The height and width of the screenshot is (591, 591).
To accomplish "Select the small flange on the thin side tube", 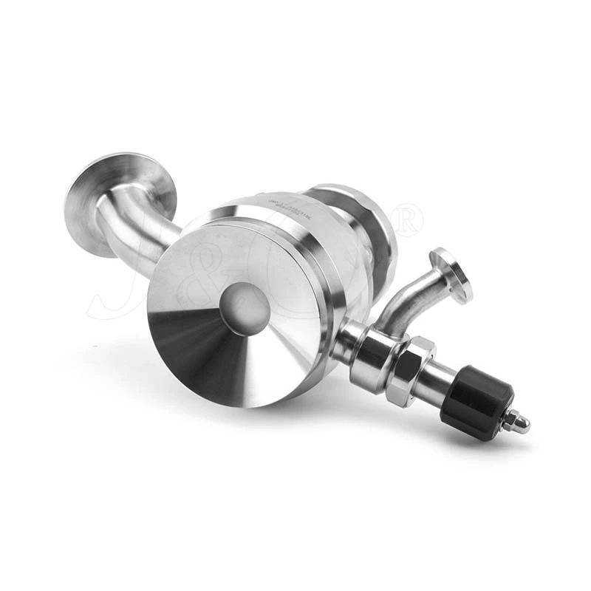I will click(x=451, y=274).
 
